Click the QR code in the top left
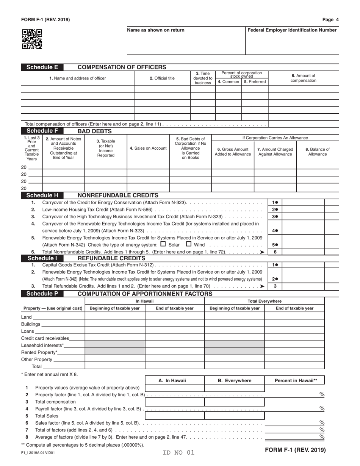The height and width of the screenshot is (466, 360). click(32, 39)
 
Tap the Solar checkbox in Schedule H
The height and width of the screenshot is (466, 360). click(163, 244)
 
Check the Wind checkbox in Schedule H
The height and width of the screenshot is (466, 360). click(189, 244)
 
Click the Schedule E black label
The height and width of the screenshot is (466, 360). click(42, 67)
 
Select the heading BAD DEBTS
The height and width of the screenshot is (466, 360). click(94, 131)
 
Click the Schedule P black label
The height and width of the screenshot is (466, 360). click(42, 294)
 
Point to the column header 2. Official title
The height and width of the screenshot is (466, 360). click(162, 78)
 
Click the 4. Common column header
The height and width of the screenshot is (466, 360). click(228, 81)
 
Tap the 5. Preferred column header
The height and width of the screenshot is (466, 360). click(255, 81)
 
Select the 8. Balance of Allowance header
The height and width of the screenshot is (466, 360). click(317, 152)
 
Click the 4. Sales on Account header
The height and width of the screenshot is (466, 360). click(148, 148)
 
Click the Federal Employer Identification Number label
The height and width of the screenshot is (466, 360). click(292, 30)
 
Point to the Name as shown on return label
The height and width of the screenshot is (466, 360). click(156, 30)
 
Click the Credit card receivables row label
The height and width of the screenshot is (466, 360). click(45, 338)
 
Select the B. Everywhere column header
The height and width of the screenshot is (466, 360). click(234, 381)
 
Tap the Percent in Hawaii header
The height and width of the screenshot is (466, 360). click(296, 381)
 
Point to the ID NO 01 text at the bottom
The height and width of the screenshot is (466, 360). click(178, 452)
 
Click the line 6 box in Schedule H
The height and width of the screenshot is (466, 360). click(275, 252)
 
